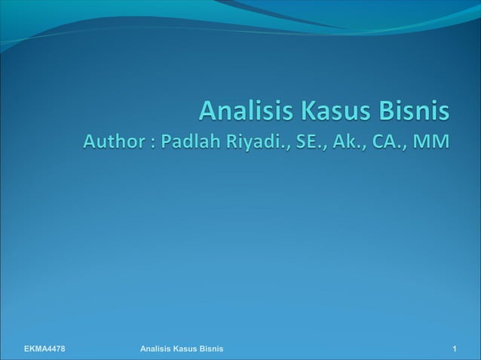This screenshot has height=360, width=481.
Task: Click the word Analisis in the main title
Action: pyautogui.click(x=246, y=112)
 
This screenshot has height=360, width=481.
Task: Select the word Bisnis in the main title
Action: pyautogui.click(x=414, y=112)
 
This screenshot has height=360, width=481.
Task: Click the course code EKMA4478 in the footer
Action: pyautogui.click(x=44, y=349)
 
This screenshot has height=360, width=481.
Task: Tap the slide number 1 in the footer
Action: pyautogui.click(x=455, y=349)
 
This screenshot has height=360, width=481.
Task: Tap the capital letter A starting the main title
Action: pyautogui.click(x=207, y=112)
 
